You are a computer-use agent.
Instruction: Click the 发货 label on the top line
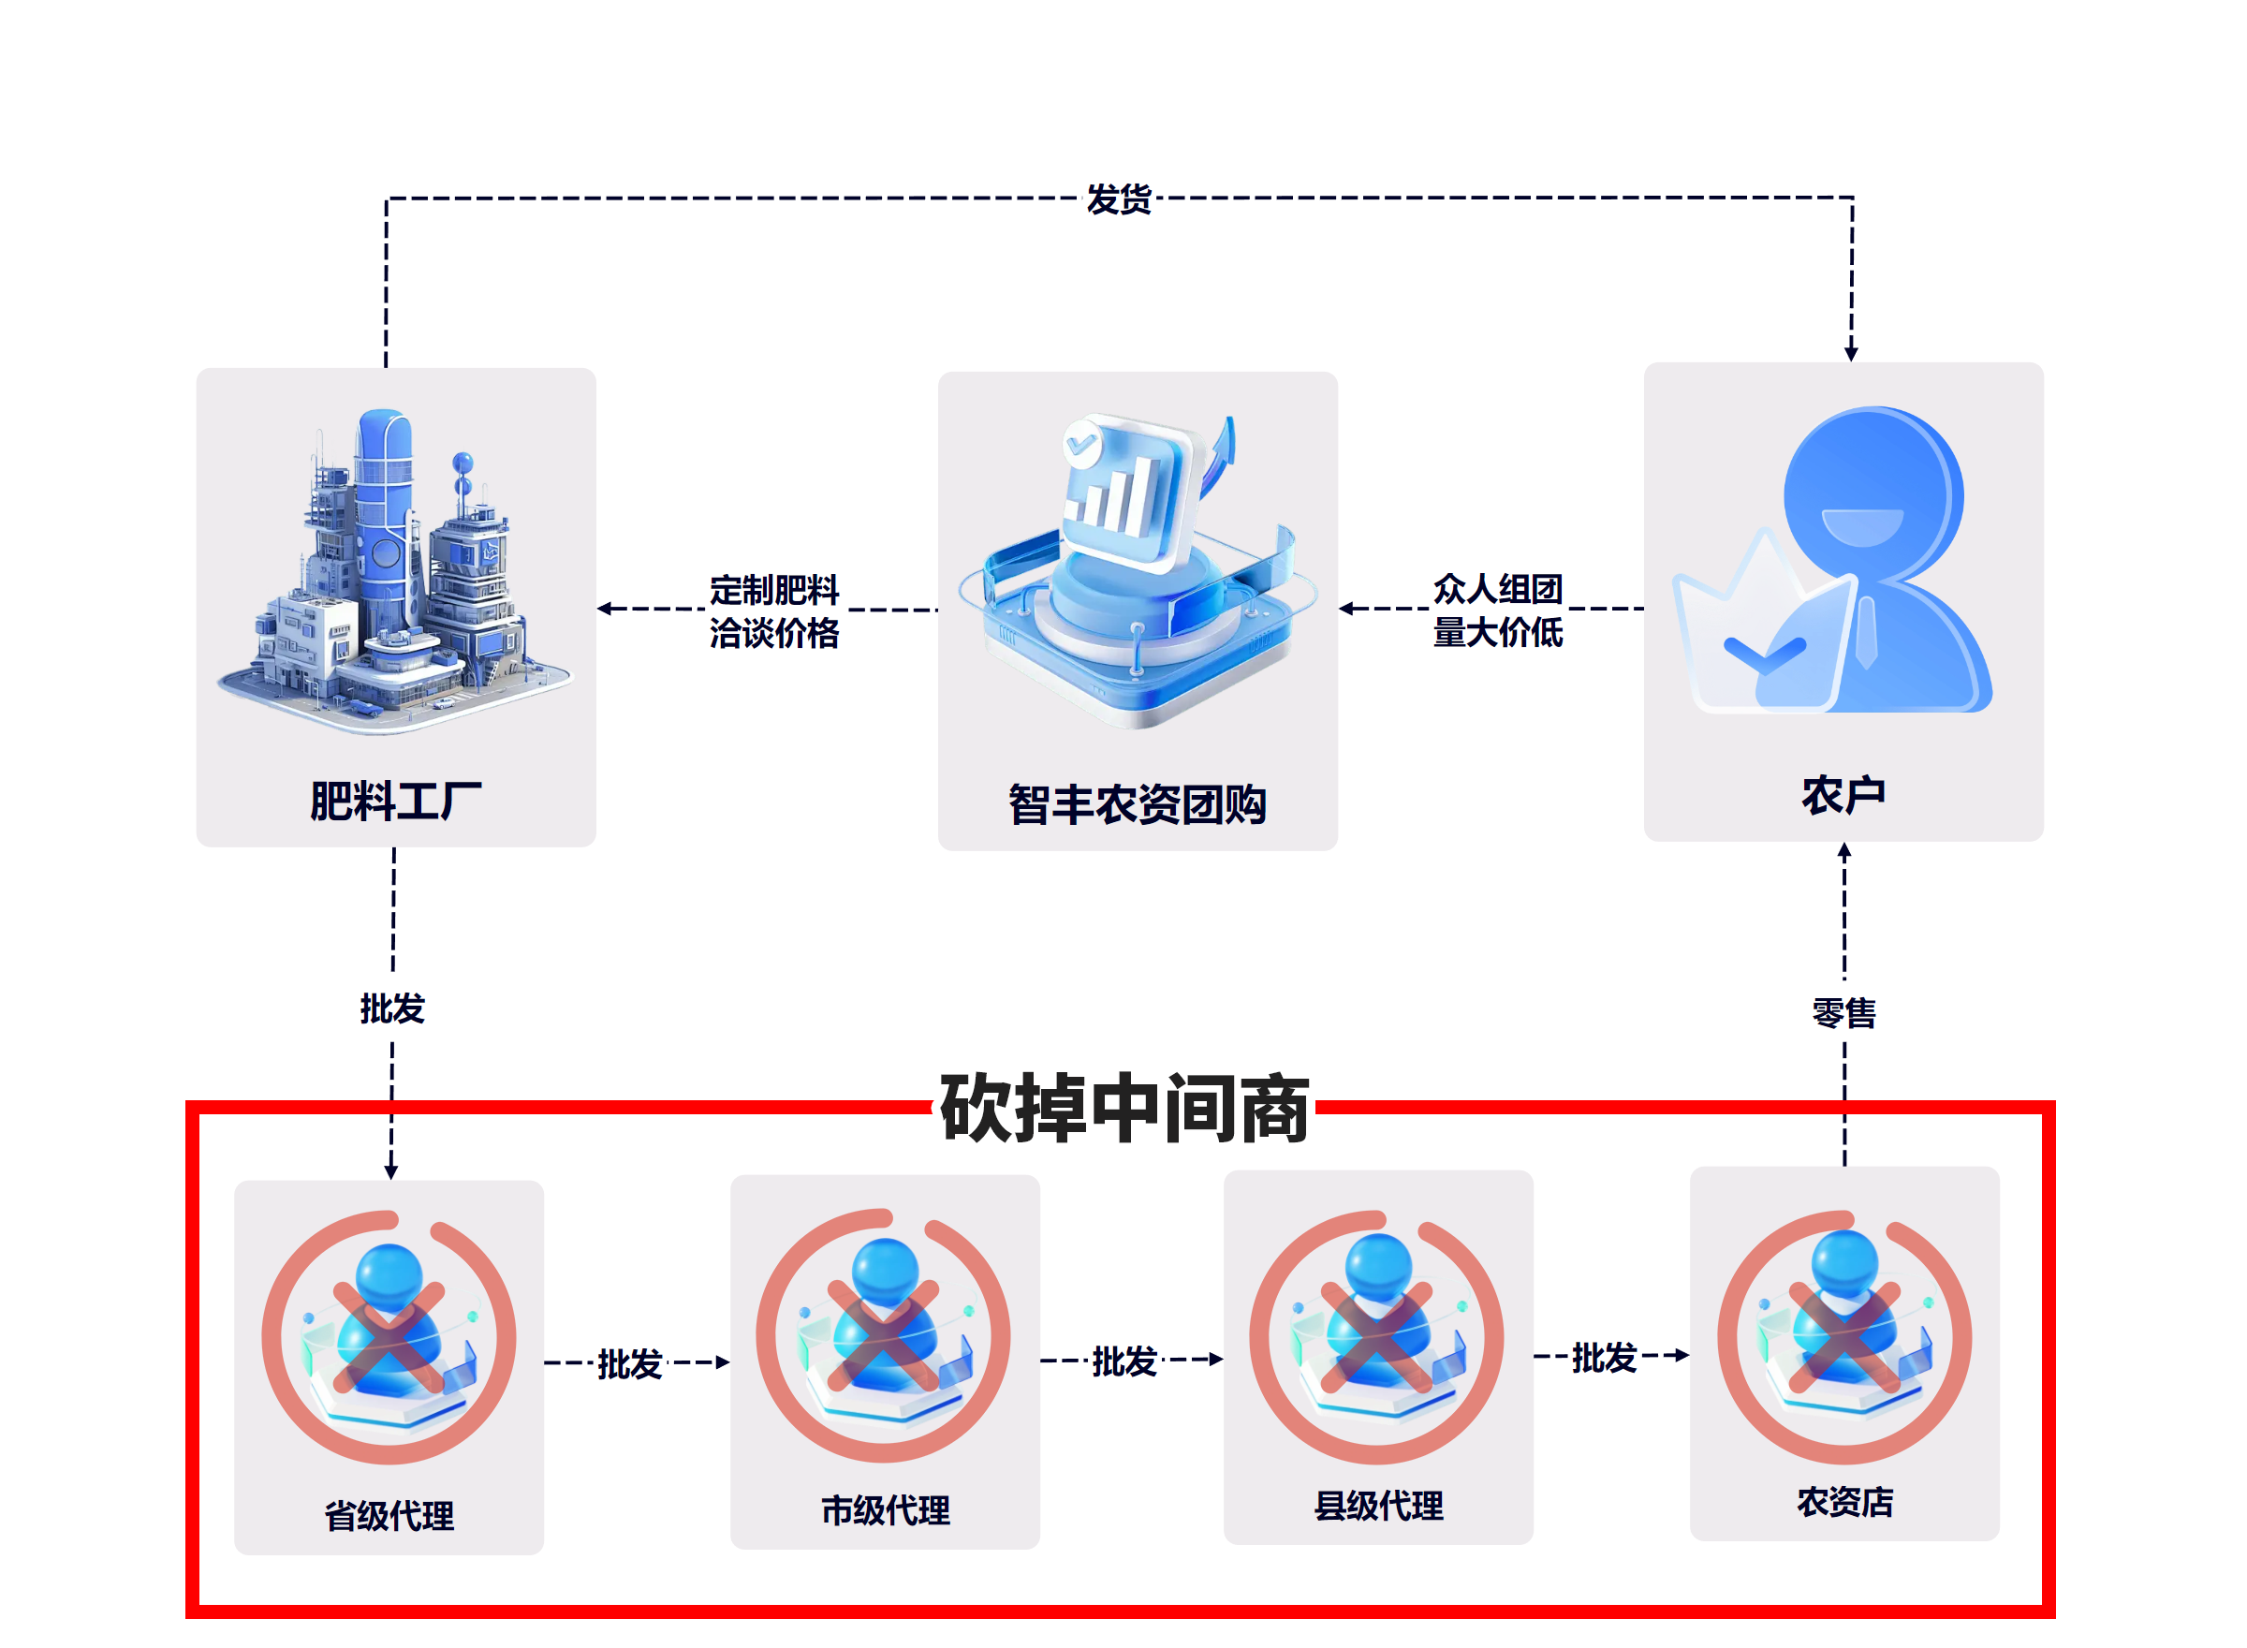1118,199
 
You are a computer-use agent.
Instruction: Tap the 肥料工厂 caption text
395,801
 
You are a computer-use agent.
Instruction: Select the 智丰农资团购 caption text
1137,804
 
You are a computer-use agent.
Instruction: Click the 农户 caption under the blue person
1843,795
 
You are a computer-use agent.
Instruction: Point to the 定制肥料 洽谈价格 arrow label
774,611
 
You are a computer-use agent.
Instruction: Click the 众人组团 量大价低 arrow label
1497,610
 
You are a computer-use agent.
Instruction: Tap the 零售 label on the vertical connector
1844,1012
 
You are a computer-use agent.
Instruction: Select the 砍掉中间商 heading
1124,1109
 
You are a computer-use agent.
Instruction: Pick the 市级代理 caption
885,1510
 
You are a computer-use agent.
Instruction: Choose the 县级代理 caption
1378,1506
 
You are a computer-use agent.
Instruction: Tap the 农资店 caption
1845,1501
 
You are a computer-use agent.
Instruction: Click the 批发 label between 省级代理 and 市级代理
629,1363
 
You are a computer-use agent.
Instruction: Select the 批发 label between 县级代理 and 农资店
1604,1358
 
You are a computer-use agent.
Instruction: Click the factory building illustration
395,571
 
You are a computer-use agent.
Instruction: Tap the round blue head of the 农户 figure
1873,493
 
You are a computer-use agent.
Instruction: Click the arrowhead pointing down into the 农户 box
1851,354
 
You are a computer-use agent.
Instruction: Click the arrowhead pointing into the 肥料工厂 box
605,609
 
